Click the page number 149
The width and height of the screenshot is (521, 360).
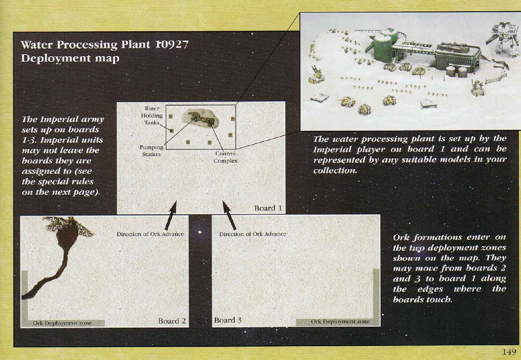pyautogui.click(x=509, y=352)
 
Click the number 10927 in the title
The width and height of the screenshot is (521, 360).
pyautogui.click(x=172, y=45)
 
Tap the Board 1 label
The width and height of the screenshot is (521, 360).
pyautogui.click(x=268, y=208)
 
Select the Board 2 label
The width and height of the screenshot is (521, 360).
pyautogui.click(x=172, y=321)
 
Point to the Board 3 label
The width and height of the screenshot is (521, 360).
pyautogui.click(x=228, y=320)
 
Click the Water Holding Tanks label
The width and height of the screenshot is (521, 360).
pyautogui.click(x=152, y=116)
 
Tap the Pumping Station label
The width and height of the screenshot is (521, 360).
pyautogui.click(x=152, y=151)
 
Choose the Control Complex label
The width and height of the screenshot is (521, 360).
pyautogui.click(x=225, y=157)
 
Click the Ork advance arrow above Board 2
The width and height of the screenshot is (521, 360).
pyautogui.click(x=171, y=215)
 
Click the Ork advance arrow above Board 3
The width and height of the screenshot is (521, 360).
pyautogui.click(x=230, y=215)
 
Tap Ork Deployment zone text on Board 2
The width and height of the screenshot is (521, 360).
pyautogui.click(x=62, y=323)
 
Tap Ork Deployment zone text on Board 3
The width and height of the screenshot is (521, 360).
pyautogui.click(x=340, y=321)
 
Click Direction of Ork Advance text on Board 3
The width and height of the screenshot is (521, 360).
pyautogui.click(x=252, y=234)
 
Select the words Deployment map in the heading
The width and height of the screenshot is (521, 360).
pyautogui.click(x=70, y=58)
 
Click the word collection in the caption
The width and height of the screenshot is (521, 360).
pyautogui.click(x=335, y=170)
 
